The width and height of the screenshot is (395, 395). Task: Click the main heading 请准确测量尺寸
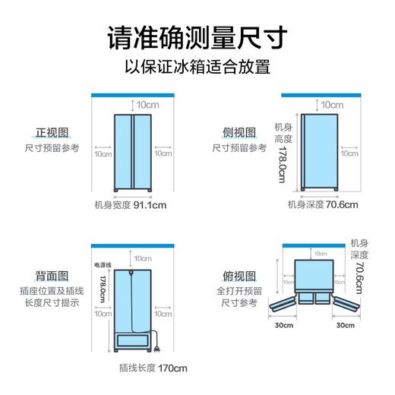click(197, 37)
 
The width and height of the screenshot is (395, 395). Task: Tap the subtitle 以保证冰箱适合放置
click(197, 68)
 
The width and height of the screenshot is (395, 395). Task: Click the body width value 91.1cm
click(150, 206)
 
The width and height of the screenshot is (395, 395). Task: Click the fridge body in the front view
click(132, 152)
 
